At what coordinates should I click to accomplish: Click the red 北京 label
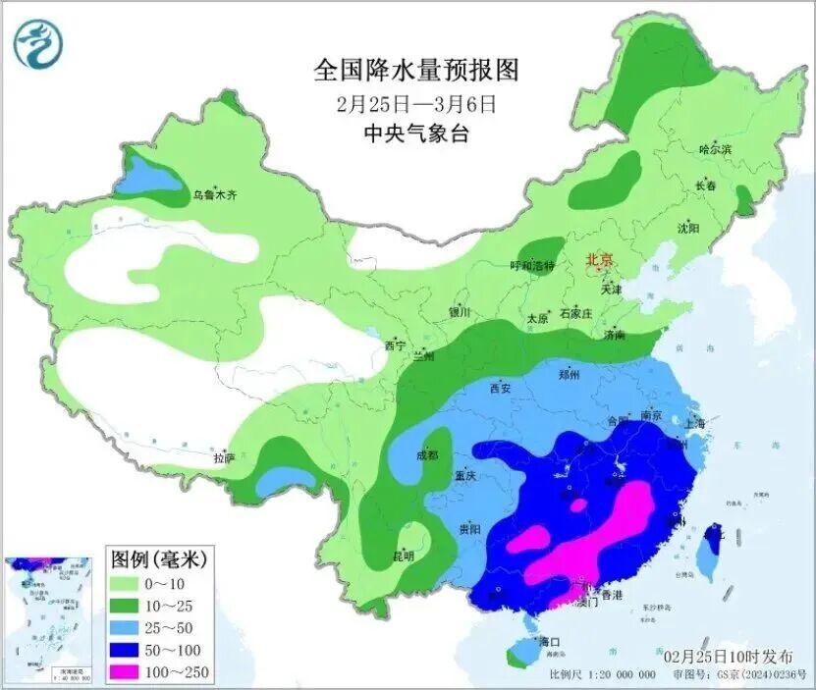pos(598,260)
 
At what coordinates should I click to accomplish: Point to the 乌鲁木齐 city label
pos(214,195)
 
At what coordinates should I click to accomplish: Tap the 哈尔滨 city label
pos(715,149)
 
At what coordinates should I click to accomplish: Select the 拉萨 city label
pos(224,457)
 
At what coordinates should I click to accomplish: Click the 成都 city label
pos(426,455)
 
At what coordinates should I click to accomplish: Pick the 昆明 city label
pos(403,556)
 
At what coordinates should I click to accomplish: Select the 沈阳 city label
pos(687,228)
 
